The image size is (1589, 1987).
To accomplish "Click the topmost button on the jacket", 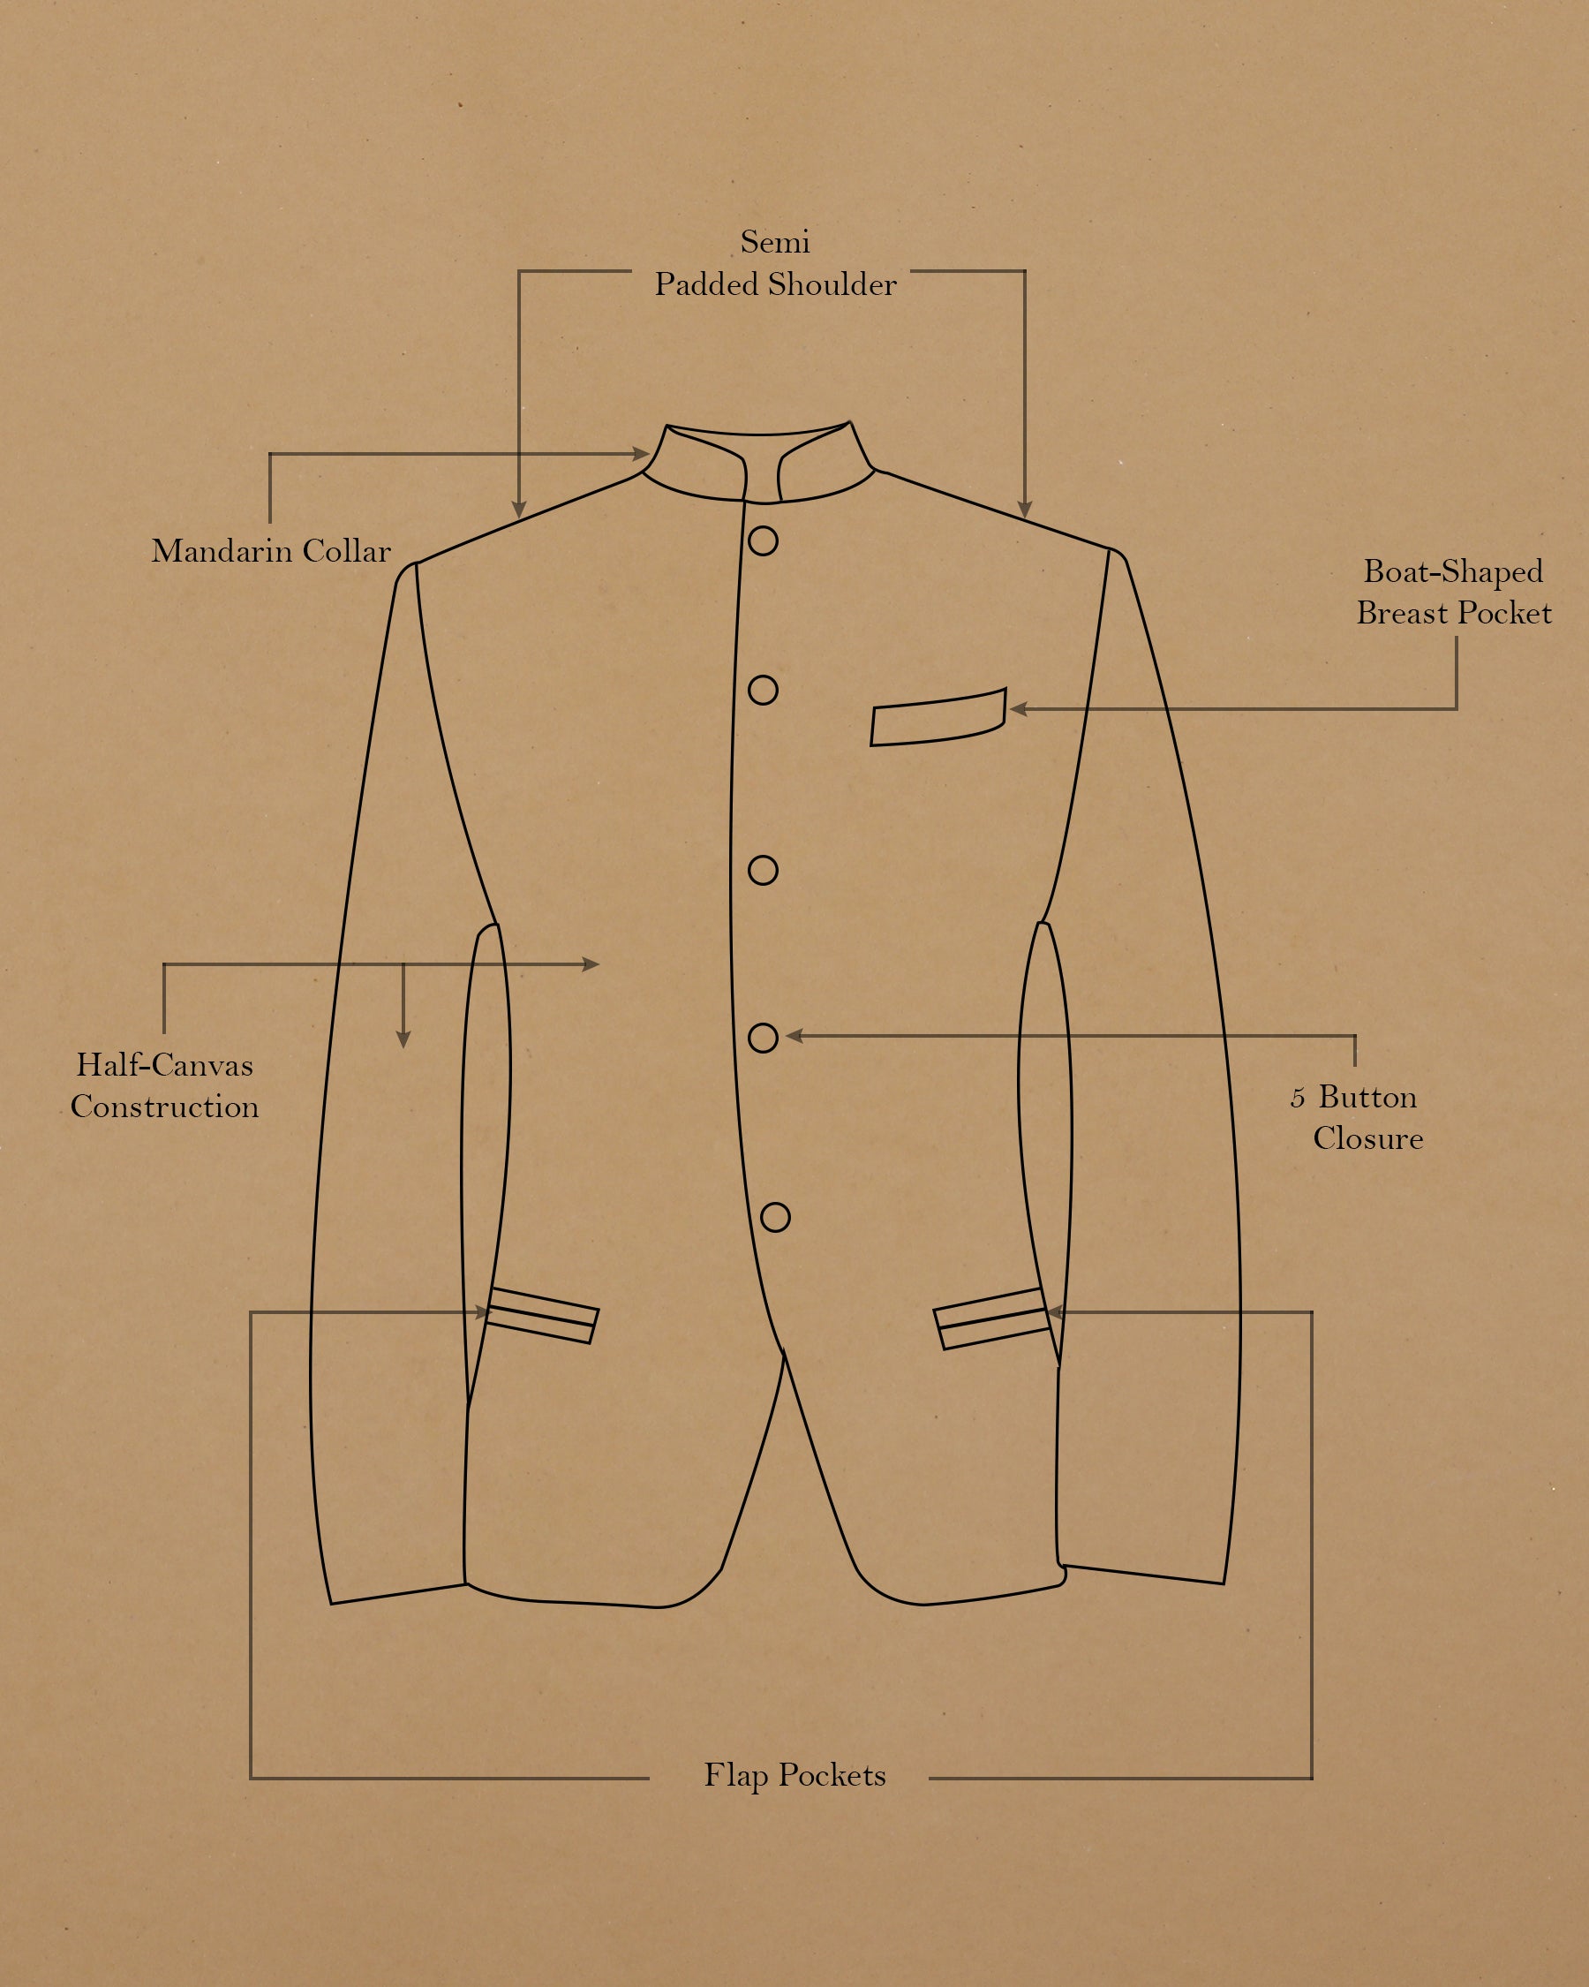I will coord(763,541).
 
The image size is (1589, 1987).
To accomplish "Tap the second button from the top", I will coord(763,691).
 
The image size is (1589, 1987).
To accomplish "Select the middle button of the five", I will coord(763,870).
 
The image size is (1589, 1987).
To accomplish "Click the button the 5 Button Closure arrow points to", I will coord(763,1038).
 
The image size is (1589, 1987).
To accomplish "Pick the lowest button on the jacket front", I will coord(776,1218).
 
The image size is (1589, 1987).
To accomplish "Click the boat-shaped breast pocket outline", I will coord(938,718).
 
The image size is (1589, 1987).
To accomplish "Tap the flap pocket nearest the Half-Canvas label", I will coord(542,1315).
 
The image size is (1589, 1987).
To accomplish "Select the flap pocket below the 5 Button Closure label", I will coord(991,1318).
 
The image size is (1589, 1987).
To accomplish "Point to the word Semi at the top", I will coord(775,242).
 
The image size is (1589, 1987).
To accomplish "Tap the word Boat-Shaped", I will coord(1453,572).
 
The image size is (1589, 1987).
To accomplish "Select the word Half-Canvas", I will coord(164,1065).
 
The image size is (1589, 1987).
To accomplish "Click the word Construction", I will coord(165,1107).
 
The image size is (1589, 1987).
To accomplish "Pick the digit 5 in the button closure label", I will coord(1297,1099).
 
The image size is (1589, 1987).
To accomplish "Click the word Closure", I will coord(1368,1139).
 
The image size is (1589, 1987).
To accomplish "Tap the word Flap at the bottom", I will coord(735,1776).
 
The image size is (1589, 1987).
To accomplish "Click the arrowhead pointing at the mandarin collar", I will coord(641,453).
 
